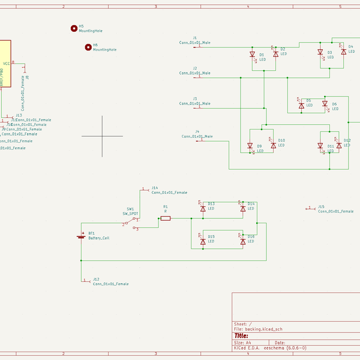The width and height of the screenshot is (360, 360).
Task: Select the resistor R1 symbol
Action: pyautogui.click(x=166, y=218)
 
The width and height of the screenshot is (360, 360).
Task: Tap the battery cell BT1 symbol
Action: pyautogui.click(x=81, y=236)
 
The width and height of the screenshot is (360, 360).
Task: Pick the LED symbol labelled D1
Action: pyautogui.click(x=252, y=55)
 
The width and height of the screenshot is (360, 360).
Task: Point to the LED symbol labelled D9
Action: pyautogui.click(x=250, y=145)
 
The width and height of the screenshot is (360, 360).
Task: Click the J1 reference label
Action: pyautogui.click(x=194, y=38)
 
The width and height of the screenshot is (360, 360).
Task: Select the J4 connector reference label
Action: pyautogui.click(x=197, y=131)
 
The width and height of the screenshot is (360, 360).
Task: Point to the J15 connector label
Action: pyautogui.click(x=321, y=206)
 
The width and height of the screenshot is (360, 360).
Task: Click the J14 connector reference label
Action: pyautogui.click(x=155, y=188)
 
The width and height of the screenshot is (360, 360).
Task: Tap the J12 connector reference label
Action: pyautogui.click(x=96, y=279)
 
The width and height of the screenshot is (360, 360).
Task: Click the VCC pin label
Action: pyautogui.click(x=6, y=63)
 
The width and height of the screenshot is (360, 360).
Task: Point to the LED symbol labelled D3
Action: pyautogui.click(x=320, y=52)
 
